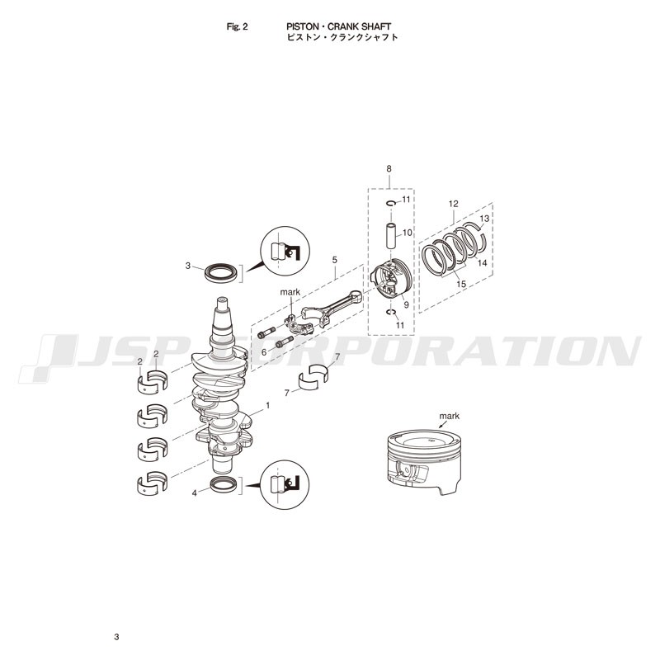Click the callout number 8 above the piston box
(x=389, y=169)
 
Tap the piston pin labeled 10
(x=391, y=236)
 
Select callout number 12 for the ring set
(x=453, y=204)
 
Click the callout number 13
(x=484, y=219)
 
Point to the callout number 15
(x=461, y=284)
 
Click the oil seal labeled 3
(x=221, y=273)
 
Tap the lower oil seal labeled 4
(x=224, y=485)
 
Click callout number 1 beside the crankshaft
(x=267, y=405)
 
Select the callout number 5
(x=335, y=260)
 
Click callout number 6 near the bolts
(x=264, y=352)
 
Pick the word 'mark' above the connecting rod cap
(x=290, y=292)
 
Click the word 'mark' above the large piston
(x=449, y=416)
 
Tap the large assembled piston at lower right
(x=424, y=462)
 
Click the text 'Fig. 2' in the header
(x=237, y=26)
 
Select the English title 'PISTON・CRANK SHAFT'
(x=339, y=26)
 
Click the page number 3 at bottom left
(x=116, y=637)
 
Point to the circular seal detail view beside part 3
(x=285, y=251)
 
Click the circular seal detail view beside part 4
(x=285, y=484)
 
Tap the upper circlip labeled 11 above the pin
(x=391, y=203)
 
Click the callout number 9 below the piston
(x=406, y=304)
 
